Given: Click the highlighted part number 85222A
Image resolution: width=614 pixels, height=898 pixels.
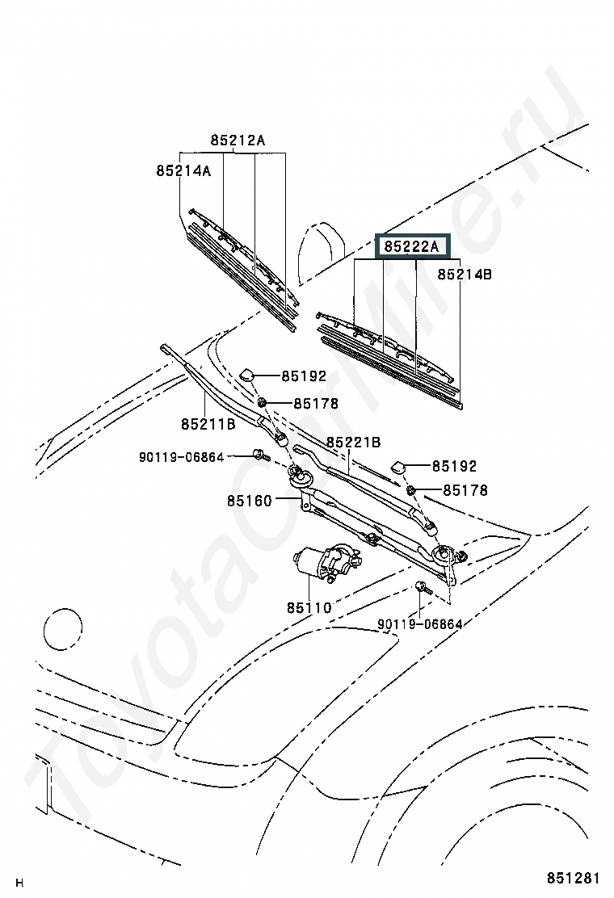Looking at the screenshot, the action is (411, 247).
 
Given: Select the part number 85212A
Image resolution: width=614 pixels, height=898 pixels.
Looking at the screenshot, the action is (238, 141).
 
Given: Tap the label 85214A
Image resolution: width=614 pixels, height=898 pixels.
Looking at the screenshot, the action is (184, 170).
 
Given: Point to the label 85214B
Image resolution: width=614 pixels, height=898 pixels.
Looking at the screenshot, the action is (465, 275).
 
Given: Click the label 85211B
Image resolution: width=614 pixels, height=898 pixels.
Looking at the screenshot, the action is (208, 425).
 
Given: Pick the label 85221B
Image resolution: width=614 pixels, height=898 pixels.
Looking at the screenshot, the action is (354, 442).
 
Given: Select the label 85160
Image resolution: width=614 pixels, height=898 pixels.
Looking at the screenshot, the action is (249, 501).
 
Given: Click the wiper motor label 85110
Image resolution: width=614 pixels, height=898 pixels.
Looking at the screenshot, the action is (309, 607).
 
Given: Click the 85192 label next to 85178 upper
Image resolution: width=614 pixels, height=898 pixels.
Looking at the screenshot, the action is (304, 376).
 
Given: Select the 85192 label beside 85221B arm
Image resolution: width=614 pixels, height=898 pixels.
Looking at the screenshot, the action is (454, 466).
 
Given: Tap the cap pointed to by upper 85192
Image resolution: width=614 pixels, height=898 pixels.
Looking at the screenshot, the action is (247, 374).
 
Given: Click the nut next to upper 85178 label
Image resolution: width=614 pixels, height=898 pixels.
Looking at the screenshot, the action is (262, 403).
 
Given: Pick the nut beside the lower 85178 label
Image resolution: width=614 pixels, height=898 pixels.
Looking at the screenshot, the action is (411, 489).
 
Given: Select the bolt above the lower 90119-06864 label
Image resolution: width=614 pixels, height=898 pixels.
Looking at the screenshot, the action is (423, 588).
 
